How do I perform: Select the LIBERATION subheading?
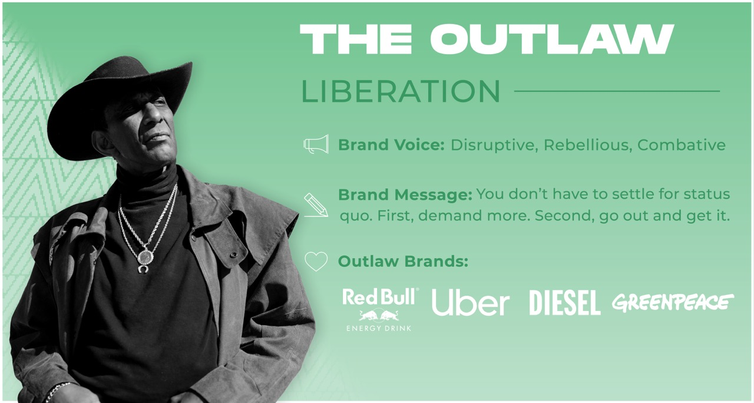401,91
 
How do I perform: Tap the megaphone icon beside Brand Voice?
316,145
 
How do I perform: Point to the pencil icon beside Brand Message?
316,204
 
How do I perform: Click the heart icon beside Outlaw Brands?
316,262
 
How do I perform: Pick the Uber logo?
470,303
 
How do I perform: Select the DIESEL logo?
564,303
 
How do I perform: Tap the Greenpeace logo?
673,302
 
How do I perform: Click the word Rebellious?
587,145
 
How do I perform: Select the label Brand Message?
405,194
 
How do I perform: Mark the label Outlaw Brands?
403,262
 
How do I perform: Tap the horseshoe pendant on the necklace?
143,269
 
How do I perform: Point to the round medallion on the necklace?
145,257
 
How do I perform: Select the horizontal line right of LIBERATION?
617,91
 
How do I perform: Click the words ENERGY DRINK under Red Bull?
379,328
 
